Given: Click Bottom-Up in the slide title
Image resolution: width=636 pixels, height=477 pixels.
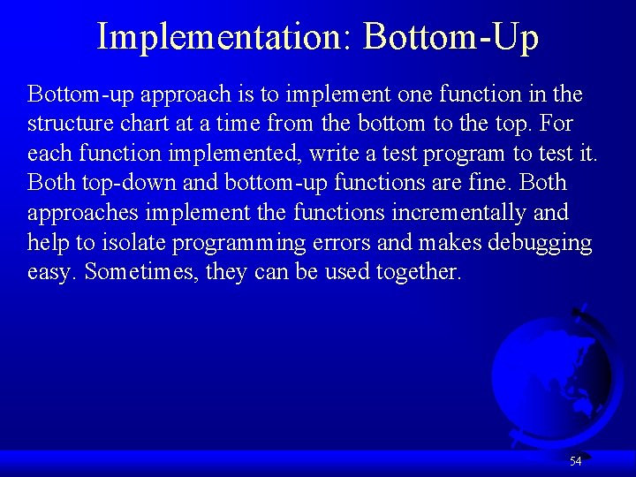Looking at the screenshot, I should (450, 37).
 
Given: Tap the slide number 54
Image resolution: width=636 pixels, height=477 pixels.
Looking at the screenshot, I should (575, 461).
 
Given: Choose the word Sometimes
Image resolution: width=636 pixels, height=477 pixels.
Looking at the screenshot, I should (142, 272).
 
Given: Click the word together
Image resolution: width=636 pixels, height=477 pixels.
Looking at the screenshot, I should (418, 272).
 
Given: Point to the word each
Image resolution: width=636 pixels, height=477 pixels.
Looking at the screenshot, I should (50, 154).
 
